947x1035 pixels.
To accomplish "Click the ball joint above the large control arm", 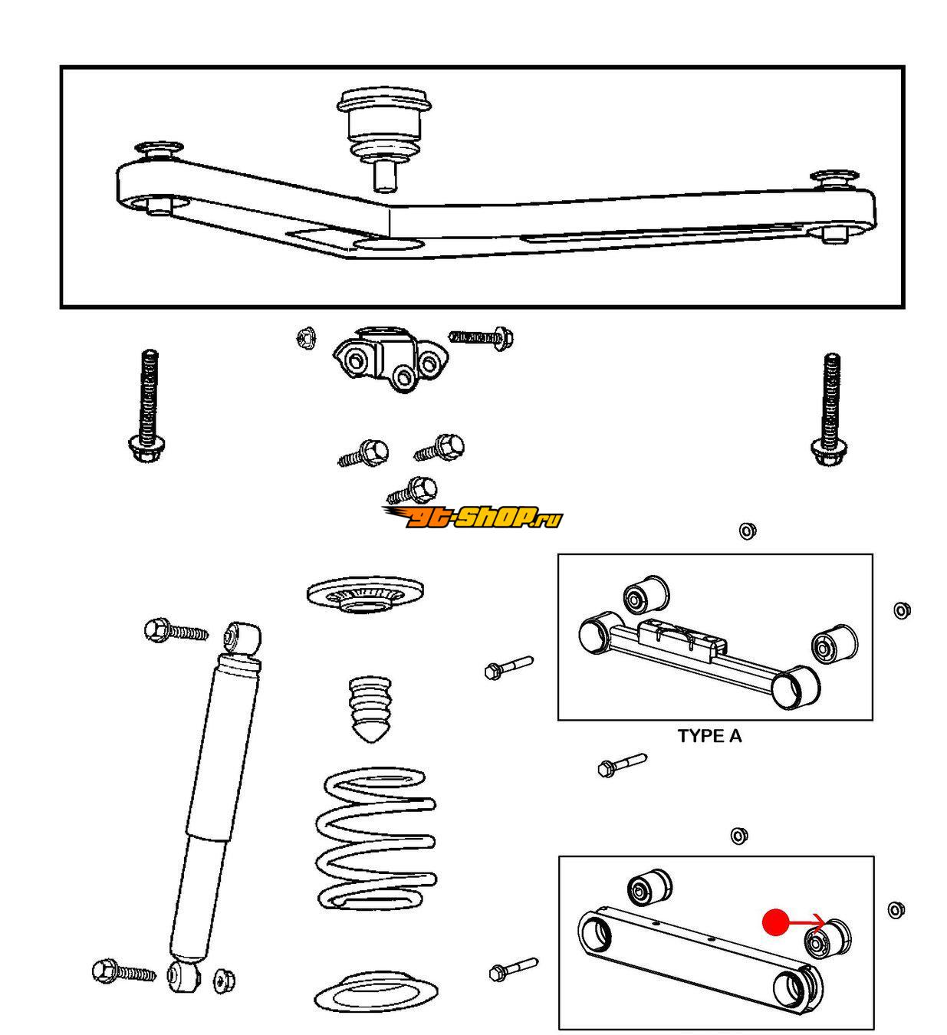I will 382,130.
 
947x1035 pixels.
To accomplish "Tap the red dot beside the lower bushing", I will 775,922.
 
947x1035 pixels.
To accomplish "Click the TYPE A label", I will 709,736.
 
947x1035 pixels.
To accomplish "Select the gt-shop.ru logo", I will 472,518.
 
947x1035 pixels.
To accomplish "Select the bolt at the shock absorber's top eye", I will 175,631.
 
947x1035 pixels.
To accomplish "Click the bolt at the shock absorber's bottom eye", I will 122,972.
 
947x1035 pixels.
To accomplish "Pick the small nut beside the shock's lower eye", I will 223,978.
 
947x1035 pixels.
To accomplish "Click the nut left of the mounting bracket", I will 305,337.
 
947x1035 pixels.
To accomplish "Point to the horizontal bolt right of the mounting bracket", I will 482,337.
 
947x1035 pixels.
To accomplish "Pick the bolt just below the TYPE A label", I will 621,764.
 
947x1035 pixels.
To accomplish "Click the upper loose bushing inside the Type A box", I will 644,594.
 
